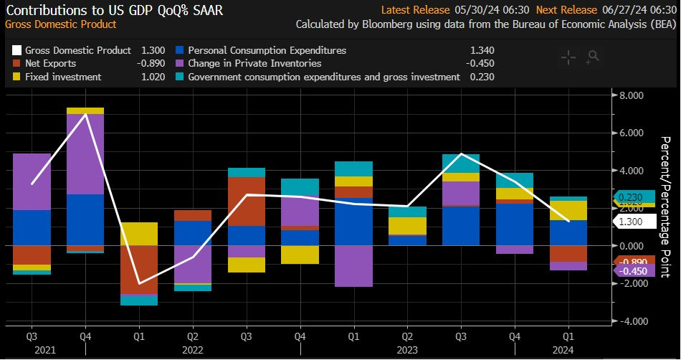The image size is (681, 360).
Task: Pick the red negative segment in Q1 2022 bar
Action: pos(139,269)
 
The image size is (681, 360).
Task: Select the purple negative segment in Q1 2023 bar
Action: pos(353,266)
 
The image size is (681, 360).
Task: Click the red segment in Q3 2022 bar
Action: pos(246,201)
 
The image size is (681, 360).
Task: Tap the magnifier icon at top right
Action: pos(591,56)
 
